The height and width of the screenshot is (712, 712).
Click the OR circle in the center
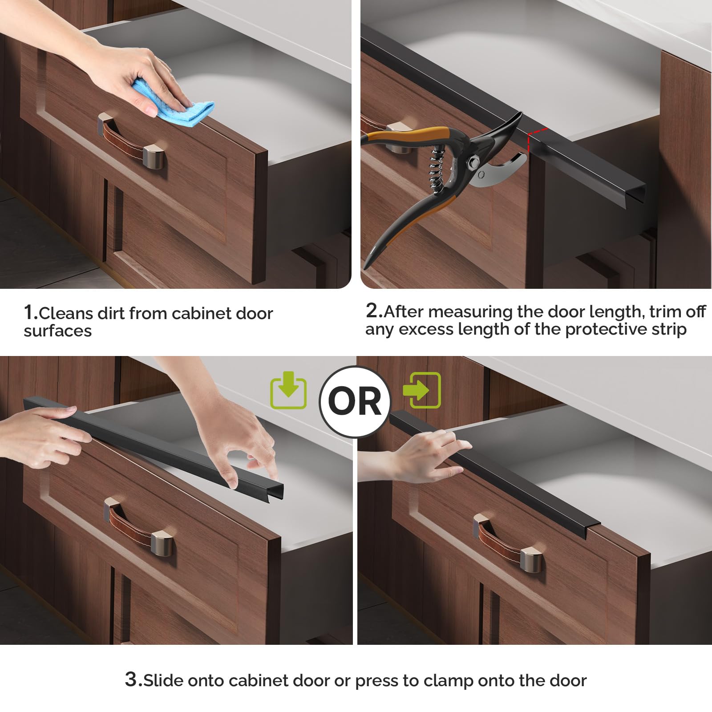click(x=355, y=401)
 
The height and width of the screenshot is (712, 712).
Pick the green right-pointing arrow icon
click(x=421, y=390)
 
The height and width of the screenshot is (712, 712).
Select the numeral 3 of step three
click(x=131, y=679)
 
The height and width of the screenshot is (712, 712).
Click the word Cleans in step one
click(x=66, y=313)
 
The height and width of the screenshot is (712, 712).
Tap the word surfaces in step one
click(x=58, y=331)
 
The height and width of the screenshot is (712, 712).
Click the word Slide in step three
click(x=163, y=680)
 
